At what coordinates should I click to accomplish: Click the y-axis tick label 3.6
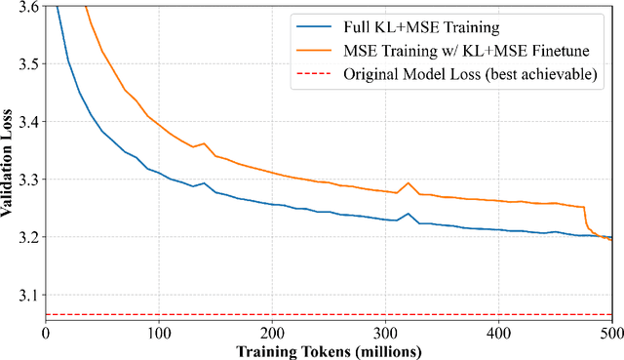[29, 7]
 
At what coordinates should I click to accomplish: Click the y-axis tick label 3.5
[29, 64]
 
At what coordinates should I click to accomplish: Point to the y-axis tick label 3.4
[29, 122]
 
